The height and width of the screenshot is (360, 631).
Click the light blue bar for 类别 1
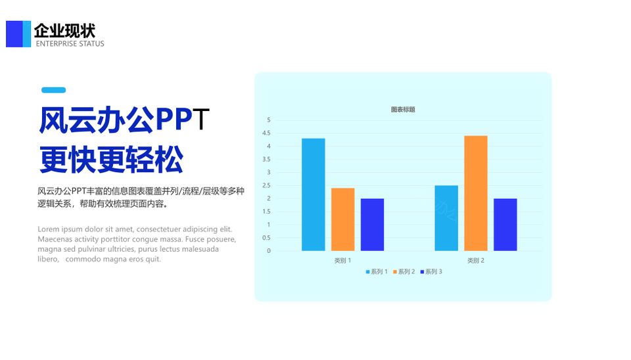314,194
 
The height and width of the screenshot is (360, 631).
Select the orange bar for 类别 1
343,219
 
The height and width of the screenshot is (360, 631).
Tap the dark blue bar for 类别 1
372,225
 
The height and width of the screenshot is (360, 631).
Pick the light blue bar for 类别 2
446,218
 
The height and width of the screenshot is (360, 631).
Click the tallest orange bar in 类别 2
476,194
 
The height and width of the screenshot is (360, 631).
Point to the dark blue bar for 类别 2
505,225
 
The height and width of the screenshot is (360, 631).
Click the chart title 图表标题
403,110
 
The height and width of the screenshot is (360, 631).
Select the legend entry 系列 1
376,272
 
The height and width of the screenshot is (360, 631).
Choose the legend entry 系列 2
404,272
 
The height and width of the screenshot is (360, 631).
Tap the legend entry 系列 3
431,272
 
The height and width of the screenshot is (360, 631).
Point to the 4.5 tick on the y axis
266,133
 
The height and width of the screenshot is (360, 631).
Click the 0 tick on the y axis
269,251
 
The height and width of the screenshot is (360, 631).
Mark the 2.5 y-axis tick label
266,185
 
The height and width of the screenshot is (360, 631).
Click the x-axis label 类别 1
342,261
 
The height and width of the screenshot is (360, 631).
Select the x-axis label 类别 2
476,261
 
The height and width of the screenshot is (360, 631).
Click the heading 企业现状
65,31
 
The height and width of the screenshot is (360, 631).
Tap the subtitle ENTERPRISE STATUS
70,44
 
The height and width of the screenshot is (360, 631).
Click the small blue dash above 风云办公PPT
53,90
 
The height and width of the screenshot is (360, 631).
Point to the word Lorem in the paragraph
48,229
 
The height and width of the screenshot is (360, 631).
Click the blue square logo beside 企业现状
18,34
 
